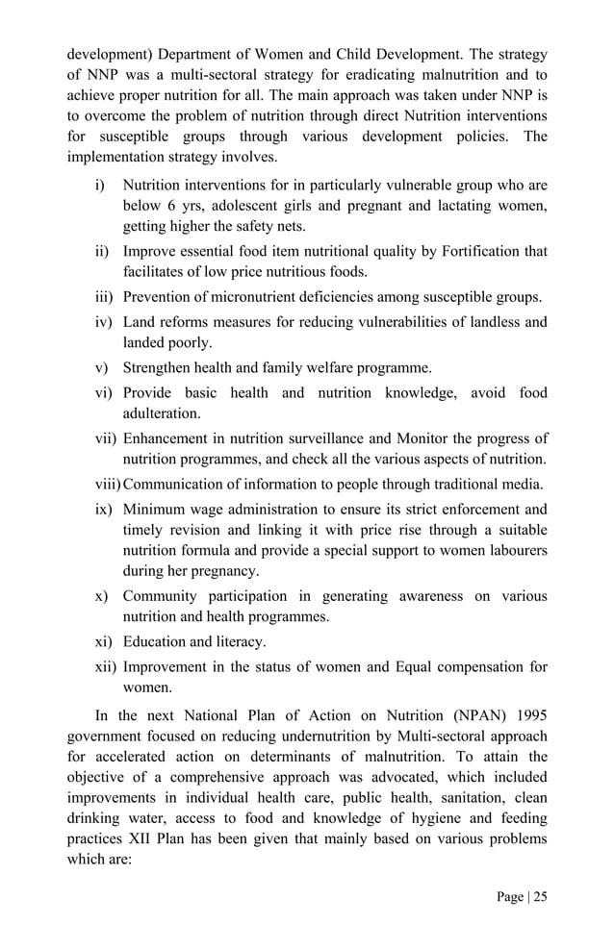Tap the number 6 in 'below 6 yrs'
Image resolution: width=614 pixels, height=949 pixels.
coord(167,206)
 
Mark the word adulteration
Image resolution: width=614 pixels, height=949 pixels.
coord(162,413)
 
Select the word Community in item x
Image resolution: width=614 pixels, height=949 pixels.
coord(161,596)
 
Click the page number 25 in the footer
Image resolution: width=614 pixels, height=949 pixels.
coord(539,897)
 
